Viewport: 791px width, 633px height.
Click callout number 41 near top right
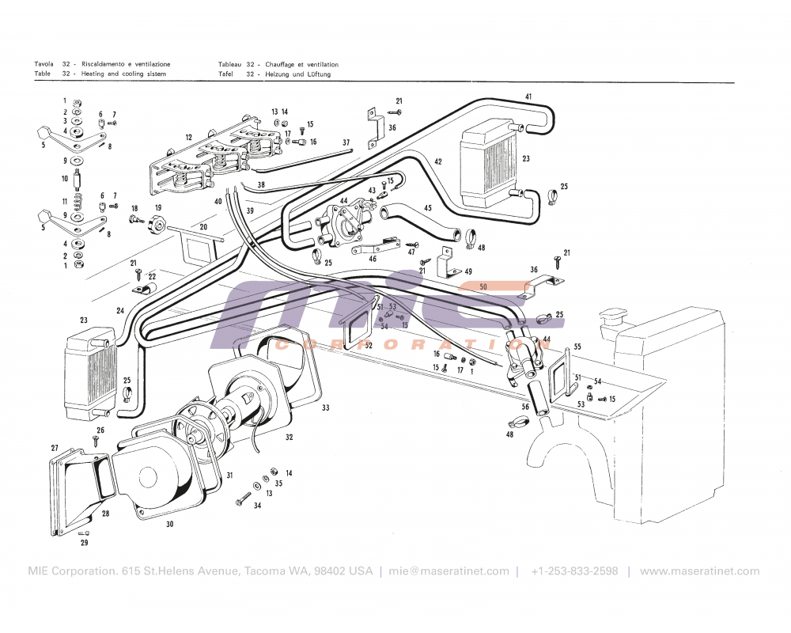click(x=528, y=97)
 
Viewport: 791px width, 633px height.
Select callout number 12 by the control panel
click(x=189, y=138)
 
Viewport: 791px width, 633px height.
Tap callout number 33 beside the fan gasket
click(x=325, y=408)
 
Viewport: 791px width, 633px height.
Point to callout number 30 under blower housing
click(x=169, y=524)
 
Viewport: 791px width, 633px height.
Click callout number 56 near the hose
click(x=525, y=407)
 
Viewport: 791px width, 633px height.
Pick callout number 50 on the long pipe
click(x=483, y=286)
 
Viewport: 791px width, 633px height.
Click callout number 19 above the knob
click(x=158, y=208)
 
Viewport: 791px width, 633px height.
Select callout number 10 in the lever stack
click(x=65, y=179)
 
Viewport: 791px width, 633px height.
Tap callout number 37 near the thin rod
click(x=346, y=142)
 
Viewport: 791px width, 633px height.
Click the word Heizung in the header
click(x=278, y=74)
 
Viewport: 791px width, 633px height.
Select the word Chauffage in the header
click(x=282, y=64)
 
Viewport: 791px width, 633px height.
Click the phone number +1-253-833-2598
click(x=574, y=571)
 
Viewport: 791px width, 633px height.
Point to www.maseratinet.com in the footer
click(x=699, y=571)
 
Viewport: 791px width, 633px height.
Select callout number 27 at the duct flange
click(x=55, y=449)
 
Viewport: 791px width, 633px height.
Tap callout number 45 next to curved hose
click(x=427, y=209)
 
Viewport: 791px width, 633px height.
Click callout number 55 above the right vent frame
click(x=577, y=347)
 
